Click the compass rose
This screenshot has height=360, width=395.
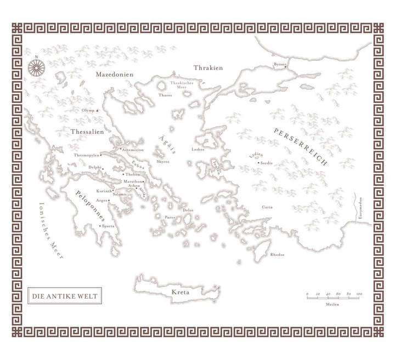36,67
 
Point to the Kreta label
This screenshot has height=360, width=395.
181,293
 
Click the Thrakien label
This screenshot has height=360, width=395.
208,67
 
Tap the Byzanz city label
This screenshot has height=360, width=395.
280,65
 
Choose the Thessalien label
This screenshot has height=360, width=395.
87,132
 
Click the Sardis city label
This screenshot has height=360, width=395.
267,163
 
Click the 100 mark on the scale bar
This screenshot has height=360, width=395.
359,295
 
